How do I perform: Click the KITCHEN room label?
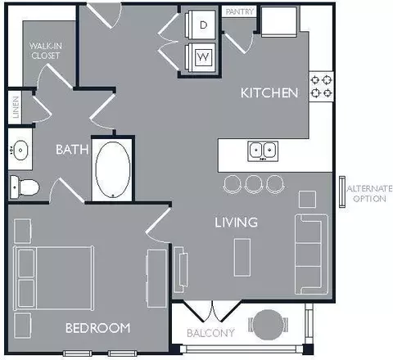(x=269, y=93)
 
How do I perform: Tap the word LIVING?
(x=237, y=223)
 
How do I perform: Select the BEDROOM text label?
(x=98, y=328)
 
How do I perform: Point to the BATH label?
(x=72, y=150)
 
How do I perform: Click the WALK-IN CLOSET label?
(x=46, y=51)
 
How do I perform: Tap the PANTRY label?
(x=240, y=11)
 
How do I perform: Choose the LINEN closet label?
(x=16, y=107)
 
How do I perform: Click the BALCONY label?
(x=210, y=333)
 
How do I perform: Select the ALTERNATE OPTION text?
(x=369, y=193)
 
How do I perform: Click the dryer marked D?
(x=201, y=25)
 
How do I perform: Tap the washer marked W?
(x=201, y=57)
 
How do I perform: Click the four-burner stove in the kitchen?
(x=321, y=87)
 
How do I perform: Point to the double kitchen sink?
(x=263, y=151)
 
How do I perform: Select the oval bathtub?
(x=113, y=169)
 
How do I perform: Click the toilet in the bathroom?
(x=25, y=187)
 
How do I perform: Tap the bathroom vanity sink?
(x=20, y=150)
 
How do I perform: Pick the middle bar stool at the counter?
(x=254, y=184)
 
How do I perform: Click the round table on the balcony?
(x=268, y=325)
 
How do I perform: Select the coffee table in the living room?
(x=242, y=258)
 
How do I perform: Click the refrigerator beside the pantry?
(x=279, y=22)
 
